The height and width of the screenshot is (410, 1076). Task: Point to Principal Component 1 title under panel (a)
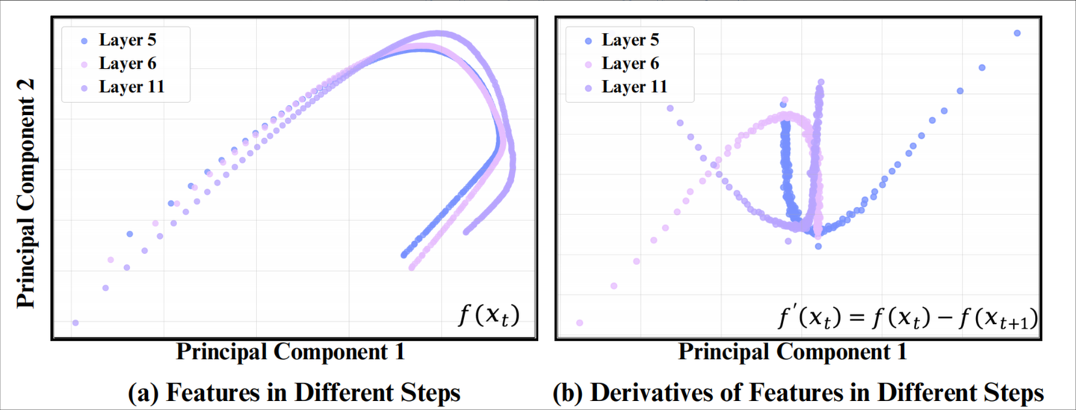coord(290,352)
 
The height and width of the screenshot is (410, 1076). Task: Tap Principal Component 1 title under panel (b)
coord(793,352)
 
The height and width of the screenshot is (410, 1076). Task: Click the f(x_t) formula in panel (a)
coord(487,317)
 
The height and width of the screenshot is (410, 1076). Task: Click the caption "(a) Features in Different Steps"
coord(294,392)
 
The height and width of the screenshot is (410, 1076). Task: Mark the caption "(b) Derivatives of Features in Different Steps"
coord(797,392)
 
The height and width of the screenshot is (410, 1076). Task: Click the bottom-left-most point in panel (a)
coord(75,323)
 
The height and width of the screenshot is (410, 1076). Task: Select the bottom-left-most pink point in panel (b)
coord(579,323)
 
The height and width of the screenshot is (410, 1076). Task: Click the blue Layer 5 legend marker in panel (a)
coord(84,41)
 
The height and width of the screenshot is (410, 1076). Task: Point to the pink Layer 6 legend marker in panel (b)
coord(587,63)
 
